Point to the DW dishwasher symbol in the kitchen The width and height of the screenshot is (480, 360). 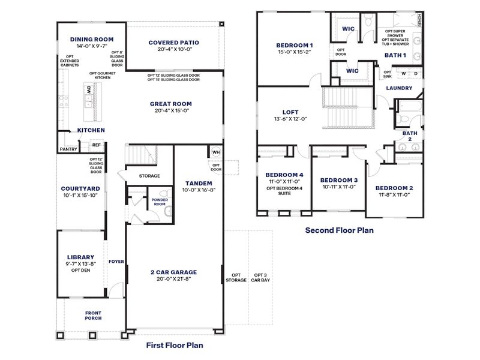[88, 91]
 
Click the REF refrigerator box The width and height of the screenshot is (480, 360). [96, 145]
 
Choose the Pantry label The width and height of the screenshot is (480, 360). [68, 149]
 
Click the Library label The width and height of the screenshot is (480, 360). [80, 256]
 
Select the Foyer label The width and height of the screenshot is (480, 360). [115, 262]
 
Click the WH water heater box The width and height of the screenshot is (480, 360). [215, 152]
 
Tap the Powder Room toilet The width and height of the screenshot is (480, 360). [169, 211]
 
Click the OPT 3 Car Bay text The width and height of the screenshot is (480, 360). [260, 277]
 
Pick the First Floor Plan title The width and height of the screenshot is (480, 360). [175, 345]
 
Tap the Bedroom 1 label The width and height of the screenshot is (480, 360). [294, 45]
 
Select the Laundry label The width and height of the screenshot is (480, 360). [398, 88]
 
